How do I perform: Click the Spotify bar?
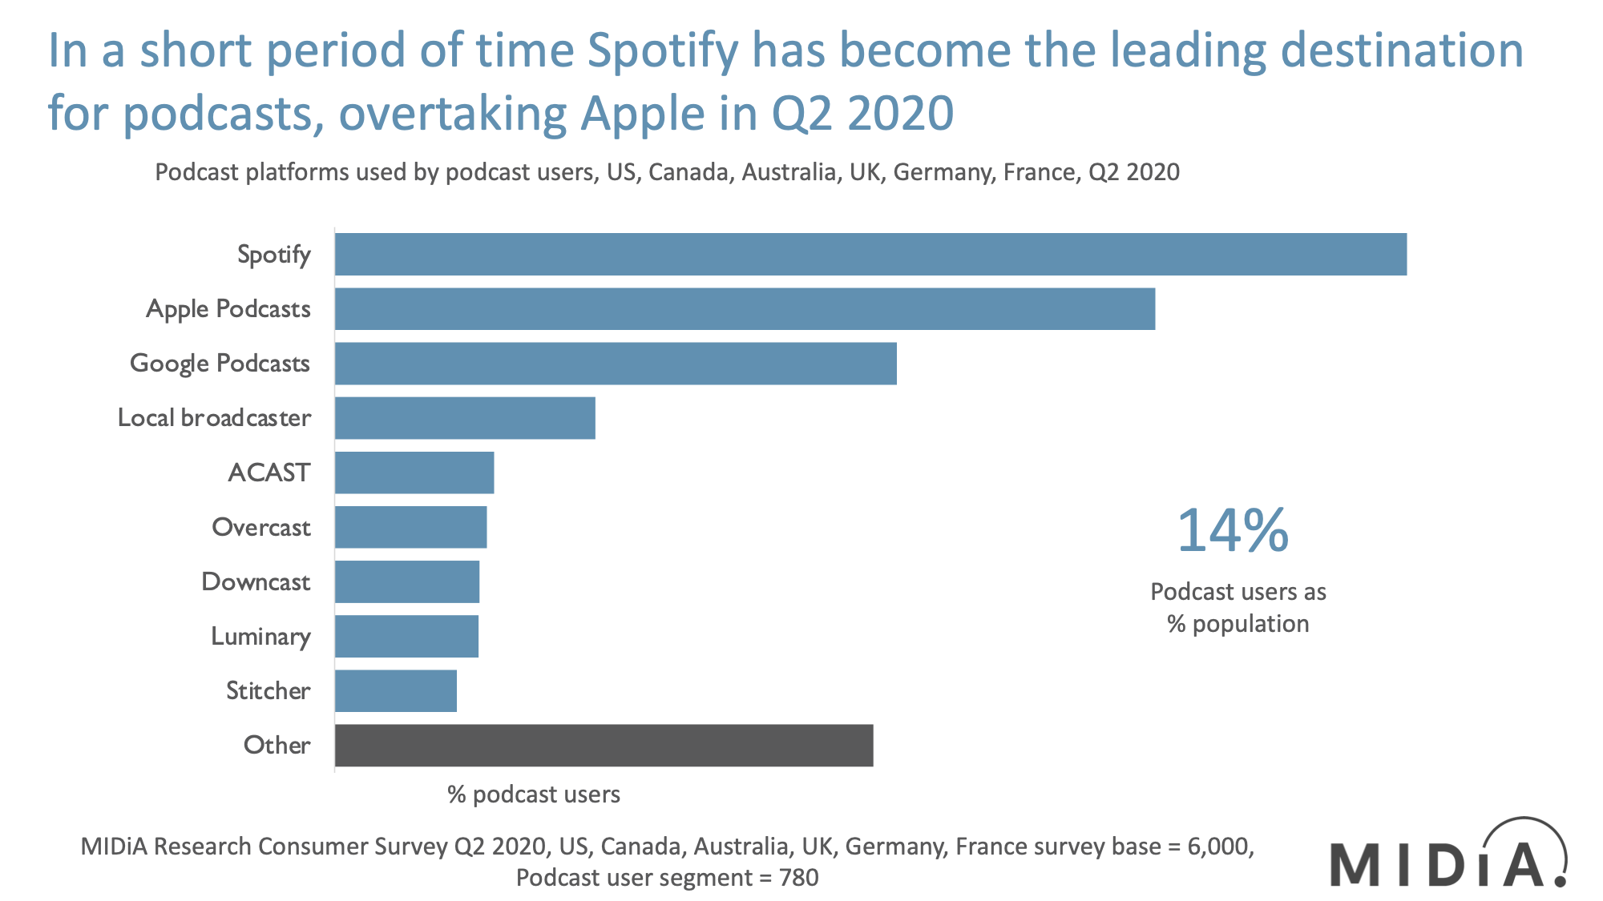click(870, 255)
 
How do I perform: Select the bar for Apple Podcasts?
click(745, 309)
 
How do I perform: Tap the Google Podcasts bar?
click(616, 364)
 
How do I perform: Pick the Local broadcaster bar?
click(465, 418)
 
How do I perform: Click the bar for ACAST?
click(414, 473)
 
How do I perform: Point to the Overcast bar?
click(410, 527)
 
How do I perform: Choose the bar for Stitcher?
click(396, 691)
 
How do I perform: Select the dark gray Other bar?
click(604, 746)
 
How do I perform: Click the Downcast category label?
click(256, 581)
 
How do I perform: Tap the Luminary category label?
click(260, 637)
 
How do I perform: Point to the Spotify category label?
click(273, 255)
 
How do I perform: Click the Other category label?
click(277, 746)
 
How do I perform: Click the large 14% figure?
click(1233, 530)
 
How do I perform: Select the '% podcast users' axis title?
click(534, 794)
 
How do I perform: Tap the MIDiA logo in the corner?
click(1448, 857)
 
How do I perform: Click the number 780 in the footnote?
click(799, 878)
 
